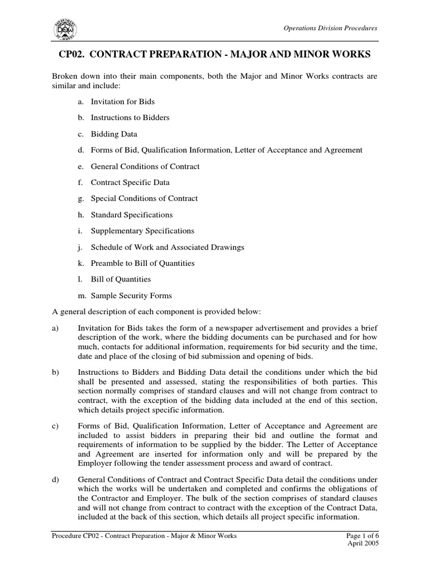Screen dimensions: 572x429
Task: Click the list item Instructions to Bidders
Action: [130, 118]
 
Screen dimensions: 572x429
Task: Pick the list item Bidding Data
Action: [113, 134]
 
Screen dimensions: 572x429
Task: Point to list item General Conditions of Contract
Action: [145, 166]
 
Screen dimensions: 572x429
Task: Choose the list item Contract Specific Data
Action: [130, 182]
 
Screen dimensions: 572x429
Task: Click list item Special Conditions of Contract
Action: [144, 198]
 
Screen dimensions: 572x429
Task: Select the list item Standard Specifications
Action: [131, 214]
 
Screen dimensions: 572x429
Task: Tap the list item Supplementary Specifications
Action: [142, 231]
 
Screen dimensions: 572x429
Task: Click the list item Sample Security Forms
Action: [131, 295]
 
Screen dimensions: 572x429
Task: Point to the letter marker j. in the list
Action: [80, 247]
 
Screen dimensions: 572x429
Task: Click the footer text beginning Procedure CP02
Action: [144, 536]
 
